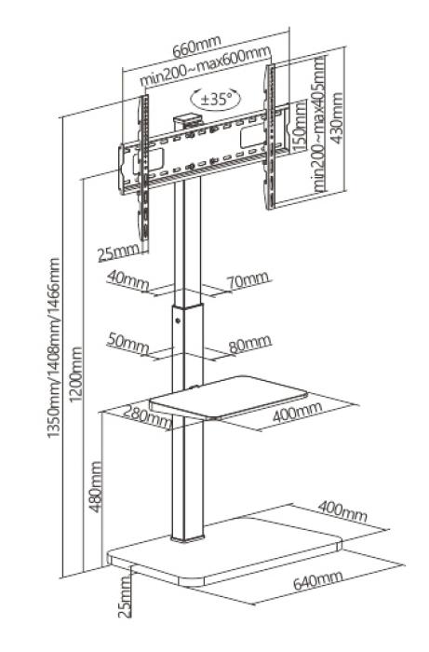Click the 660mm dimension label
[197, 47]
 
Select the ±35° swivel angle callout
[216, 99]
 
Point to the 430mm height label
[336, 118]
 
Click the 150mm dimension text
[299, 126]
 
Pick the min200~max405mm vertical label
[319, 124]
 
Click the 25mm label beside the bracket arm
[119, 252]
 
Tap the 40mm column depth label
[127, 280]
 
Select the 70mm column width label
[248, 280]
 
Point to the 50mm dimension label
[127, 343]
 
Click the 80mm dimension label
[250, 344]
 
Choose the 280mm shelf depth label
[142, 416]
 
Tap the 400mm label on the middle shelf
[297, 412]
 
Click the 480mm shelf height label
[96, 486]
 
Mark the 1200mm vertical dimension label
[76, 374]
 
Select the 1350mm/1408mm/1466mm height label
[54, 348]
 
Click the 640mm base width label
[318, 580]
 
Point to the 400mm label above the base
[342, 511]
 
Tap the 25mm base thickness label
[125, 597]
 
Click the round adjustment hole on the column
[178, 320]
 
